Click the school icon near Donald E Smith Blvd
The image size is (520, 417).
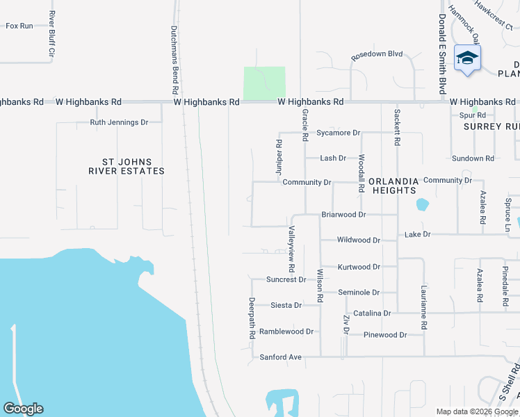(467, 58)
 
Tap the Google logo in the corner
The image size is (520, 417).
(23, 409)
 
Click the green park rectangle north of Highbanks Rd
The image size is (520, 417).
(264, 82)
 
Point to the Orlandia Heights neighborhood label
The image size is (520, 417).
(393, 186)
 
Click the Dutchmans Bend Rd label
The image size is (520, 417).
(175, 60)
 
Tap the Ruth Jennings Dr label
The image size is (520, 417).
(119, 122)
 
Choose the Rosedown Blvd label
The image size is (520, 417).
(377, 54)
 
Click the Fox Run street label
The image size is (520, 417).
(19, 26)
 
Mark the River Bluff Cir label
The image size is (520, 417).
(51, 33)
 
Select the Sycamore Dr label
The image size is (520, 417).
(338, 133)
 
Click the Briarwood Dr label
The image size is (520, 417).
(343, 215)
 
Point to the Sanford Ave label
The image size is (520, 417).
(281, 357)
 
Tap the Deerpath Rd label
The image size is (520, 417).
(252, 318)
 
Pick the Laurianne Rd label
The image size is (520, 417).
(423, 300)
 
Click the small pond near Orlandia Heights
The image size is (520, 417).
(421, 205)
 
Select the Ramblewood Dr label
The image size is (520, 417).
(286, 332)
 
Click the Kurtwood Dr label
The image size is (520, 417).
(359, 267)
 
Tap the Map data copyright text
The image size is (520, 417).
(476, 411)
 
